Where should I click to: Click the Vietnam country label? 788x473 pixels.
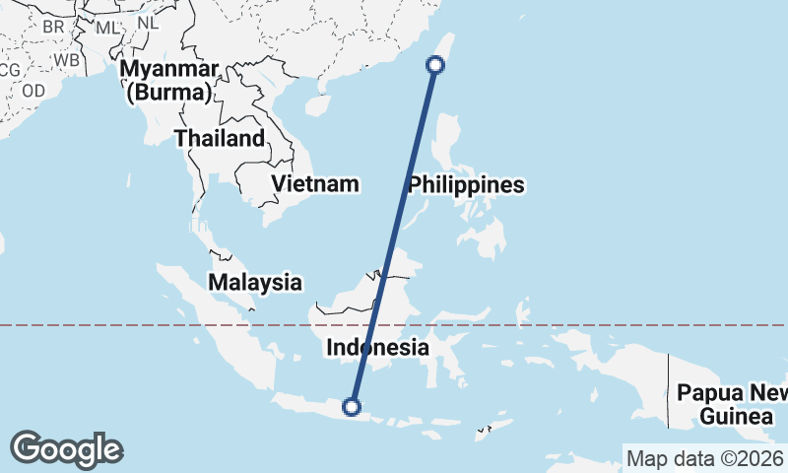tap(315, 184)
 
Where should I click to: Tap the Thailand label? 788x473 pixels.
tap(220, 138)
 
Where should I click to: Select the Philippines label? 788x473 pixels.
tap(466, 185)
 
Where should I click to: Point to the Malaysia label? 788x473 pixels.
tap(255, 282)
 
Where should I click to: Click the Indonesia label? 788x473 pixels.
tap(377, 347)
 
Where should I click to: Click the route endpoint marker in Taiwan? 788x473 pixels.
tap(434, 65)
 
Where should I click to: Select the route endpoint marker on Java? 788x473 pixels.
tap(351, 406)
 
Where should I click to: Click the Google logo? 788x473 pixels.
tap(66, 449)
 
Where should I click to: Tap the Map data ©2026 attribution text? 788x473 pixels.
tap(704, 458)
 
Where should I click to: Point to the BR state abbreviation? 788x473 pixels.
tap(53, 27)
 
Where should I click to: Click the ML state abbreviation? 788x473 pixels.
tap(105, 27)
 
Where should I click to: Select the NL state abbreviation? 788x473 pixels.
tap(148, 22)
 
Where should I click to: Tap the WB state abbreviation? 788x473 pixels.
tap(67, 59)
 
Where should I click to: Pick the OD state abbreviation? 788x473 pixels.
tap(33, 90)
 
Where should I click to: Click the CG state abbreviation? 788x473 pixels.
tap(9, 70)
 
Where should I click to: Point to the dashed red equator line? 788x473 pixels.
tap(591, 324)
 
